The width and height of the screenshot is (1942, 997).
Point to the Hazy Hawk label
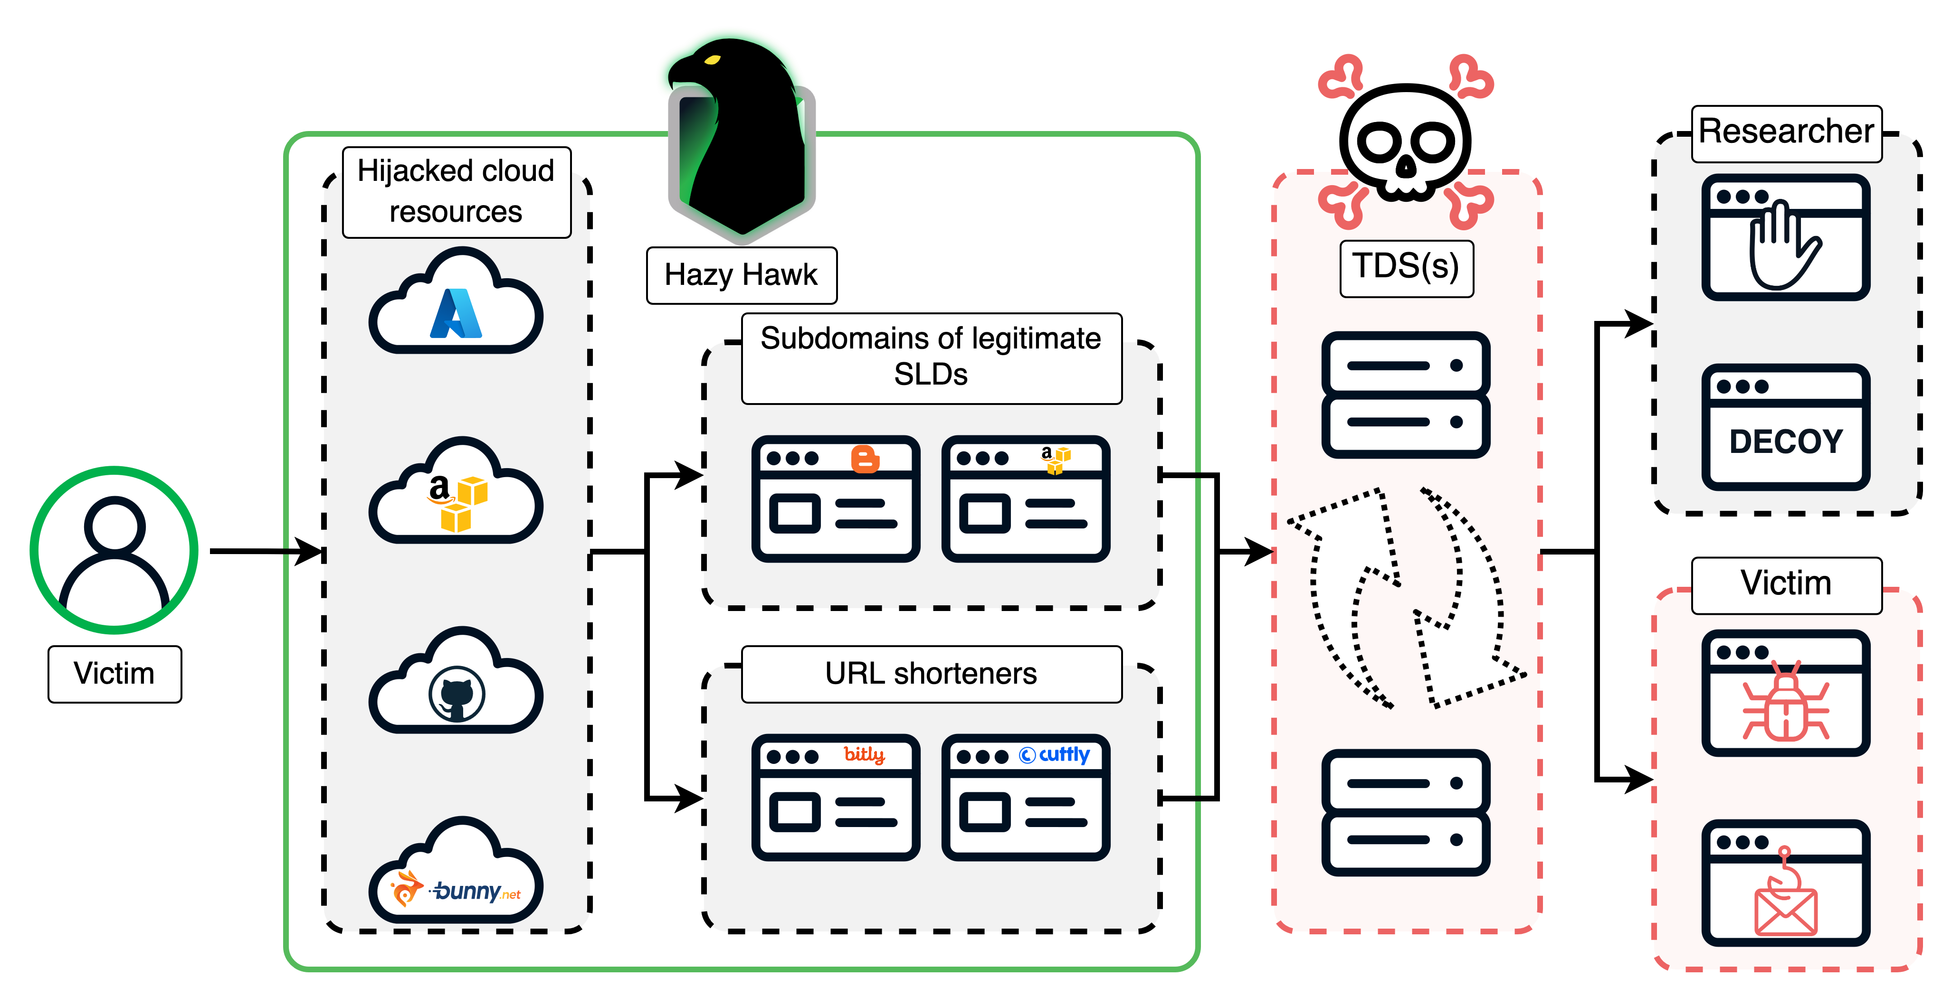click(x=741, y=275)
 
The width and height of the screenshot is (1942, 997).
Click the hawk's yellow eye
click(x=713, y=59)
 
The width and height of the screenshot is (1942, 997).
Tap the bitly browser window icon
click(x=835, y=797)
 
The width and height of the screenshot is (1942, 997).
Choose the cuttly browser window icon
click(x=1025, y=797)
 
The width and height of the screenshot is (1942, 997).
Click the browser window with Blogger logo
click(x=835, y=499)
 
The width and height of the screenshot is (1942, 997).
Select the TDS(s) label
click(x=1406, y=267)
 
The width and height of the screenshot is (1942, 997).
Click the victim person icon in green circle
click(x=114, y=550)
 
